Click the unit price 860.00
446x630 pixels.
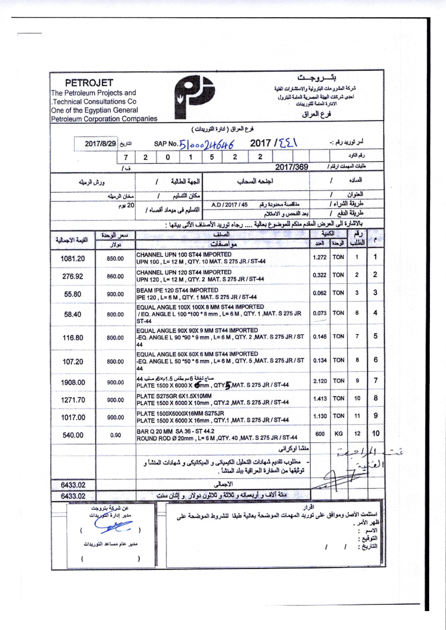tap(115, 276)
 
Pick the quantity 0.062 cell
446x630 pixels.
tap(320, 293)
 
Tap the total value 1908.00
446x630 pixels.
tap(73, 382)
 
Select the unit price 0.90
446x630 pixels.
tap(115, 435)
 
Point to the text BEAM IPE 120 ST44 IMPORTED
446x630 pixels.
tap(177, 290)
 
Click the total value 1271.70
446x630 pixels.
tap(73, 400)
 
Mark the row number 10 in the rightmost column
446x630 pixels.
tap(375, 434)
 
